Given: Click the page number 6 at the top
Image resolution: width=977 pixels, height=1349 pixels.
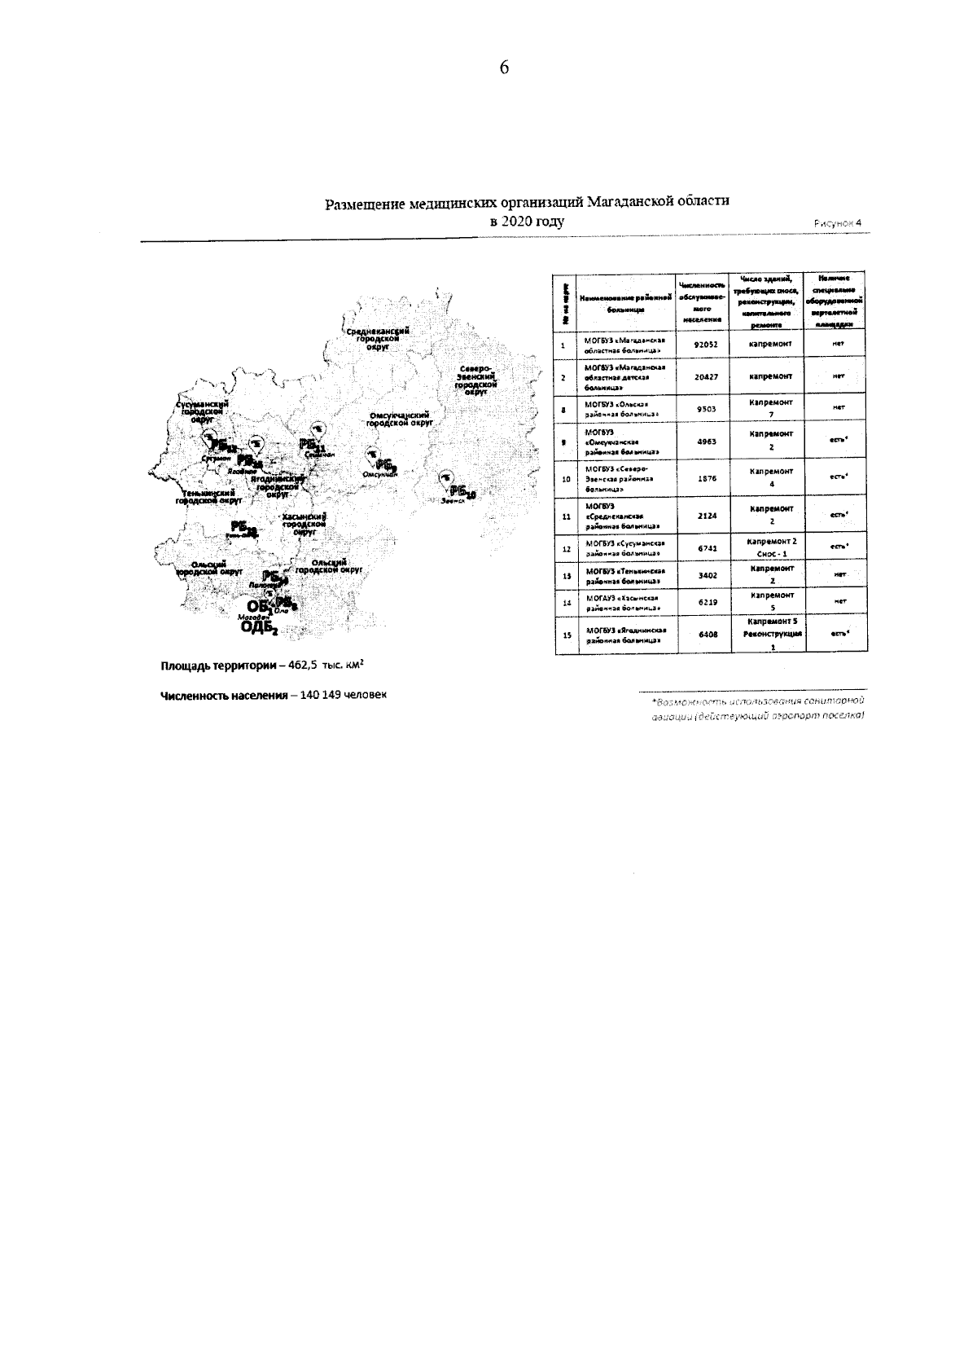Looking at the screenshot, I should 504,68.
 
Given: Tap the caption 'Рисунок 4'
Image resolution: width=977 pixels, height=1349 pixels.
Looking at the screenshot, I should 836,223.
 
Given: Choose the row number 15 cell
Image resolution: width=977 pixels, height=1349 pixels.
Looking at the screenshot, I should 564,635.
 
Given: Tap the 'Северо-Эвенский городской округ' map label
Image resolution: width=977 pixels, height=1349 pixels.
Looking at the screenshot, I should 475,380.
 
